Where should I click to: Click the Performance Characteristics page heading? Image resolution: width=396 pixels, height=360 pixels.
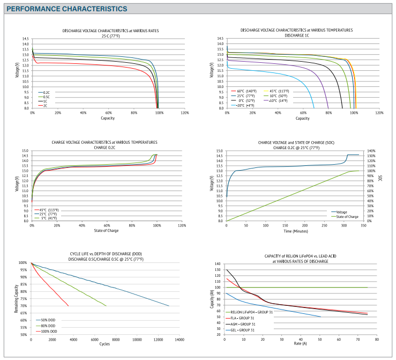point(67,9)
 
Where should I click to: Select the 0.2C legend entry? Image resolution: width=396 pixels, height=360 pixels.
point(46,92)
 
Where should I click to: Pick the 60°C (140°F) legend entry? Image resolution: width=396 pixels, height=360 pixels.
point(246,91)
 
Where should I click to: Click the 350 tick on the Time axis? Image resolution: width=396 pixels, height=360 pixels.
point(364,226)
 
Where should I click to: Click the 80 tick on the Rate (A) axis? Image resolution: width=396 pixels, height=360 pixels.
point(377,340)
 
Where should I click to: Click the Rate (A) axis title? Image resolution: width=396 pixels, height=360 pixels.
point(301,344)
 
